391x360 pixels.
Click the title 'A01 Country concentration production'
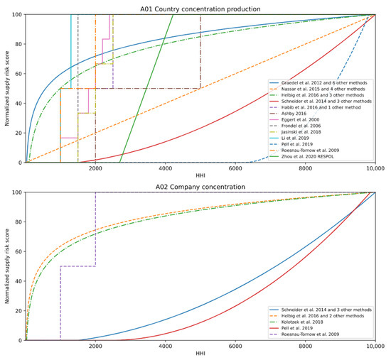point(200,9)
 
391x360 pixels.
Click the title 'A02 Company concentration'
point(200,187)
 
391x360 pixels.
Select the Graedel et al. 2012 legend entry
point(324,82)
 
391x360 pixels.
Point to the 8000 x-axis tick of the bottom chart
point(305,347)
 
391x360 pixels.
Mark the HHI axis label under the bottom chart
point(200,356)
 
